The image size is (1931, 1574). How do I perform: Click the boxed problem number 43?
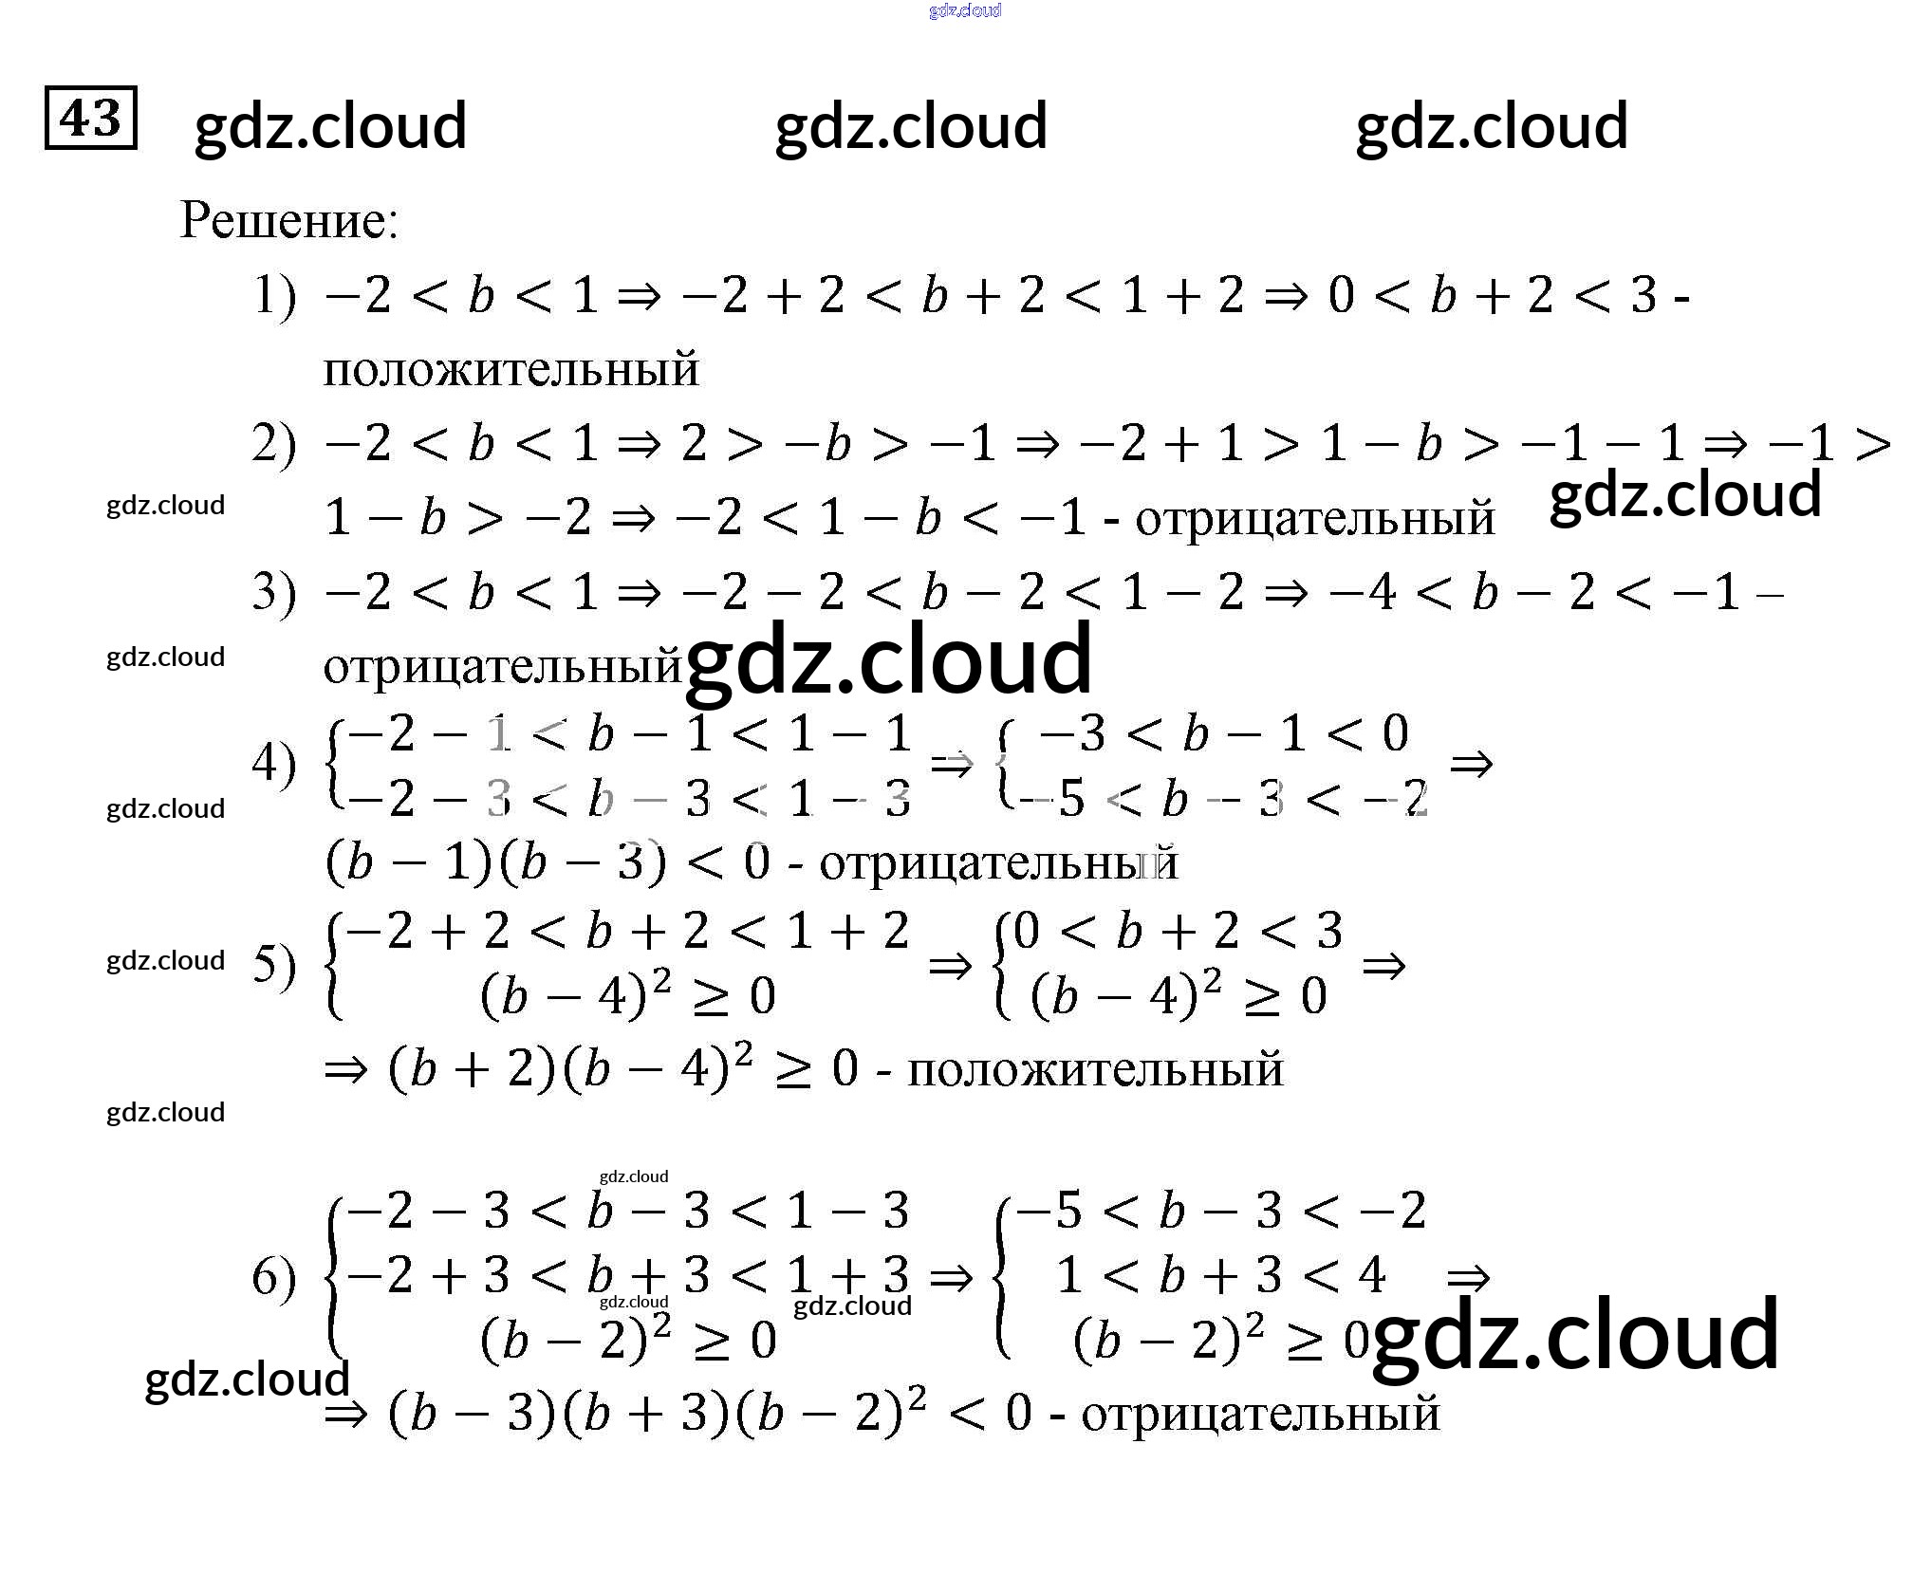[x=90, y=118]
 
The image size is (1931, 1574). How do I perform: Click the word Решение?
[x=288, y=221]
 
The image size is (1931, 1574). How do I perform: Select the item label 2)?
[x=273, y=444]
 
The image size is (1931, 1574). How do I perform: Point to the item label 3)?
[x=273, y=593]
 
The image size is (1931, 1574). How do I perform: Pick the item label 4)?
[x=273, y=765]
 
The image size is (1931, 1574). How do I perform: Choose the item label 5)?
[x=273, y=965]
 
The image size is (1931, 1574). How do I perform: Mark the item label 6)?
[x=273, y=1277]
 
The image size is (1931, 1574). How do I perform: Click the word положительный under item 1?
[x=511, y=370]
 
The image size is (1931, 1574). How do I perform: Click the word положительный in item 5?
[x=1095, y=1070]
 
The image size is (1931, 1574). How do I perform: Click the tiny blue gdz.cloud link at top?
[x=965, y=10]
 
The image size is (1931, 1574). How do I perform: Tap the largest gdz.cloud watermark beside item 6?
[x=1575, y=1334]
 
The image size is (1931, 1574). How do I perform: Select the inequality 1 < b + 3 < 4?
[x=1221, y=1274]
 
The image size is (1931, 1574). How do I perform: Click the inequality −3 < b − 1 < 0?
[x=1223, y=733]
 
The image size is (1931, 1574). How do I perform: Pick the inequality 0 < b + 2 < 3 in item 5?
[x=1178, y=931]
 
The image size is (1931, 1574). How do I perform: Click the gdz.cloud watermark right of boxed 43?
[x=330, y=126]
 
